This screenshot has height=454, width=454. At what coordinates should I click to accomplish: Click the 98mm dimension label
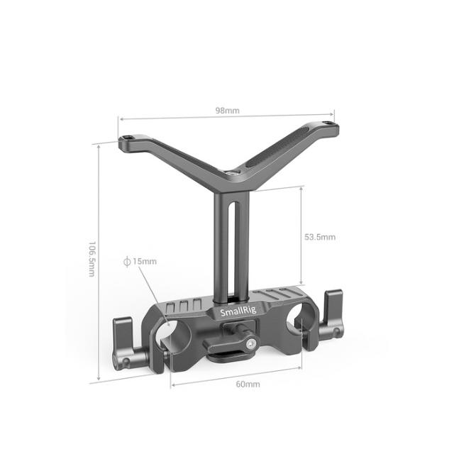click(x=228, y=111)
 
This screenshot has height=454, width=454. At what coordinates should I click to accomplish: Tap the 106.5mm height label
click(x=92, y=259)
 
